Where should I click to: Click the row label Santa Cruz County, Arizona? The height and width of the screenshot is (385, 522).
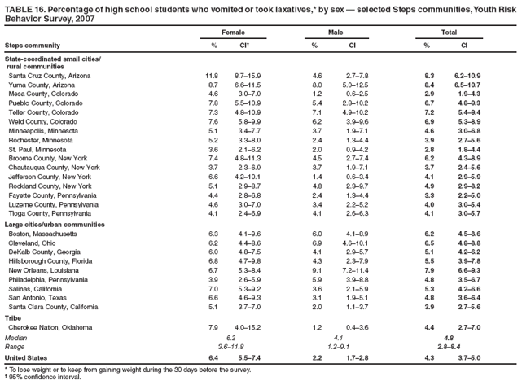click(50, 76)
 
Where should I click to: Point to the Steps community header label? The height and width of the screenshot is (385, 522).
click(30, 44)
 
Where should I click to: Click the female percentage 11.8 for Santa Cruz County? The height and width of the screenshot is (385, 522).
click(211, 76)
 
